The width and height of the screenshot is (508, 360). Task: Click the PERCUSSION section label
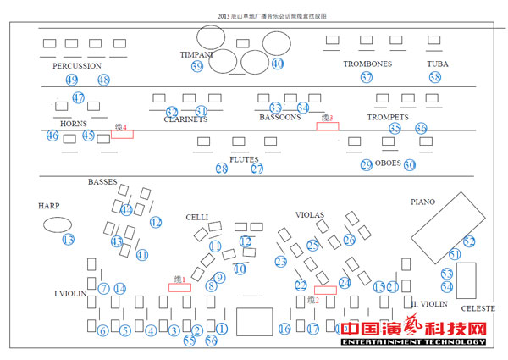point(76,65)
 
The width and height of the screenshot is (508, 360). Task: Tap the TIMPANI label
point(196,54)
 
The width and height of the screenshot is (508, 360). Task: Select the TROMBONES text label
point(367,64)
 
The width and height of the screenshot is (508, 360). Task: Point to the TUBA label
point(437,64)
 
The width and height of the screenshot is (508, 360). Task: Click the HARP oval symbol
point(57,224)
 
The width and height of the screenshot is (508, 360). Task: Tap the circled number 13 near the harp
point(68,240)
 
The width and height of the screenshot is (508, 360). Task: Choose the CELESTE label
point(478,308)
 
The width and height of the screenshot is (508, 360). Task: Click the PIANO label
point(422,202)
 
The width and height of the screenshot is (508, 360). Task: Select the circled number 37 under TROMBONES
point(366,77)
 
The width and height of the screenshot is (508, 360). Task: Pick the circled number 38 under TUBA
point(435,77)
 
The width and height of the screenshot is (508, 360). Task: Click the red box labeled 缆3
point(328,125)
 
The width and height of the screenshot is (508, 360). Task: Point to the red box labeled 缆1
point(179,287)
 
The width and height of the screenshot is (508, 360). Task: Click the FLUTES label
point(244,158)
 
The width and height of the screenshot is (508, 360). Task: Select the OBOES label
point(388,163)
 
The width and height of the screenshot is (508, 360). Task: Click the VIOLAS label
point(311,214)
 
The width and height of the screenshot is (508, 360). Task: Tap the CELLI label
point(197,217)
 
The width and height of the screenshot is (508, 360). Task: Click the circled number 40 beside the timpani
point(277,64)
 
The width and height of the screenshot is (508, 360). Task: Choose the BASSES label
point(102,181)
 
